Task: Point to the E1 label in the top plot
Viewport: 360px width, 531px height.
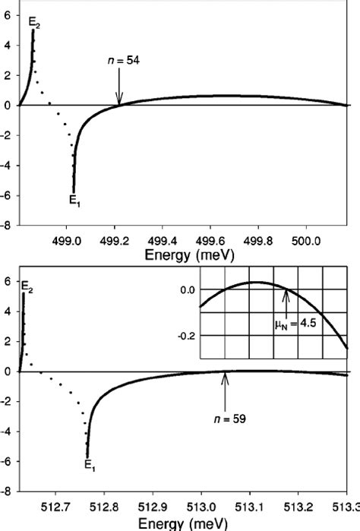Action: (74, 201)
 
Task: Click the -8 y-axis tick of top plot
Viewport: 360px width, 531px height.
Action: (7, 225)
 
